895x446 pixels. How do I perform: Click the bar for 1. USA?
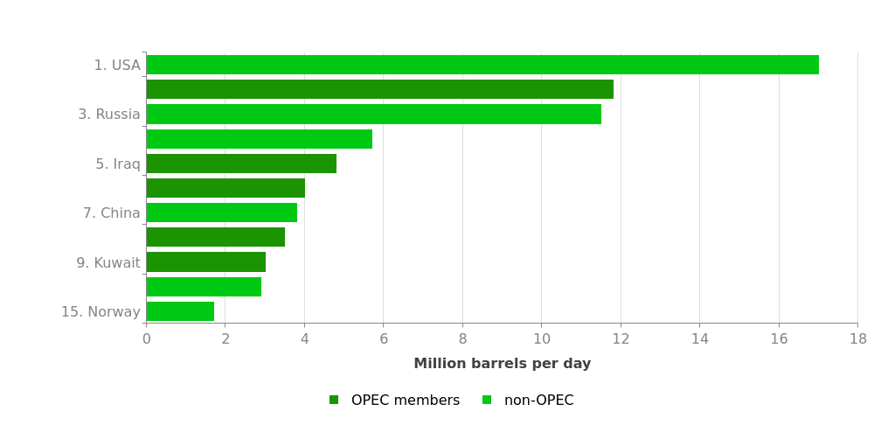(x=482, y=65)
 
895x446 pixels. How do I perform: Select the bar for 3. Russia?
(x=373, y=115)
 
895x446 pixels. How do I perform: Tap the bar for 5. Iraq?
(x=241, y=164)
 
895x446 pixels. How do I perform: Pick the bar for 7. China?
(x=221, y=213)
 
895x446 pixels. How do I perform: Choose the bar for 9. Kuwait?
(x=205, y=262)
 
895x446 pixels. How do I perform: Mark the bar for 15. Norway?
(x=180, y=311)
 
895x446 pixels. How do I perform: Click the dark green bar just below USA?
(x=379, y=89)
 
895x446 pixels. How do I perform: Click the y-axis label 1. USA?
(x=117, y=66)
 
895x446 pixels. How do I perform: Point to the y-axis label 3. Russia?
(x=109, y=115)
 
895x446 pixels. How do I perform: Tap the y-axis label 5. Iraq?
(x=118, y=164)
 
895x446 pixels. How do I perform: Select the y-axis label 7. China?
(x=112, y=213)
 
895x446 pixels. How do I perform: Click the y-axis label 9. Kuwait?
(x=108, y=263)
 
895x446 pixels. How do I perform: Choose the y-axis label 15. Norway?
(x=101, y=312)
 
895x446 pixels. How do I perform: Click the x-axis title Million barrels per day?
(x=502, y=364)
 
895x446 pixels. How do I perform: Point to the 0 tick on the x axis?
(x=146, y=339)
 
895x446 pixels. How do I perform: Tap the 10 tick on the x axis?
(x=541, y=339)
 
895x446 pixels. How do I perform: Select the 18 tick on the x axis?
(x=857, y=339)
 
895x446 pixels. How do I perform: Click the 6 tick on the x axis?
(x=384, y=339)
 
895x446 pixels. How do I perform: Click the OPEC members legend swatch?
(x=334, y=401)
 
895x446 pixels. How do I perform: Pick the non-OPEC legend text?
(x=538, y=401)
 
